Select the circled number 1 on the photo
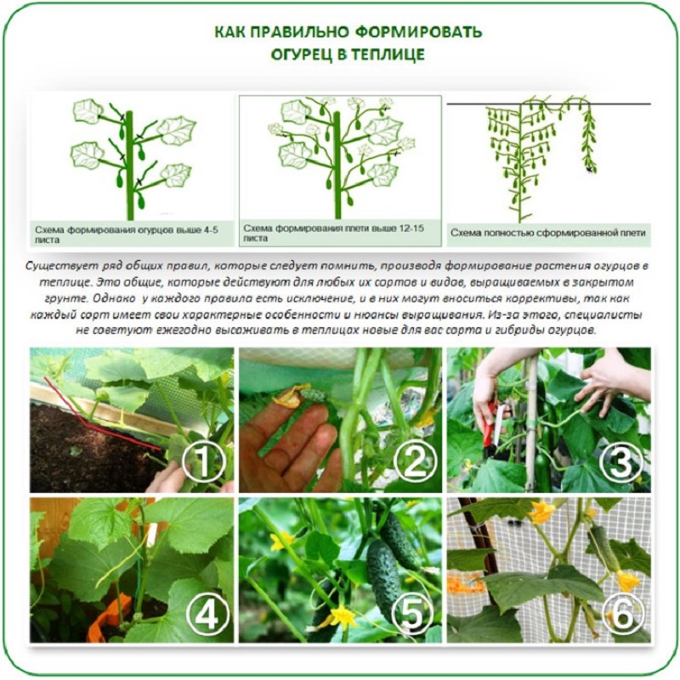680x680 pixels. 203,462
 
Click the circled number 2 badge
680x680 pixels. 414,462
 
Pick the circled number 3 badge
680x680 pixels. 620,462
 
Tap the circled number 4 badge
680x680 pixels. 207,614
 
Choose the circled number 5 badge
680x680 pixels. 412,614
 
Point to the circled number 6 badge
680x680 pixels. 622,614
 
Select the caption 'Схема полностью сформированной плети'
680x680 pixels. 548,233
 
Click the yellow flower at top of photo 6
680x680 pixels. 541,511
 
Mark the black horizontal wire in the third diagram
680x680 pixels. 548,104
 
